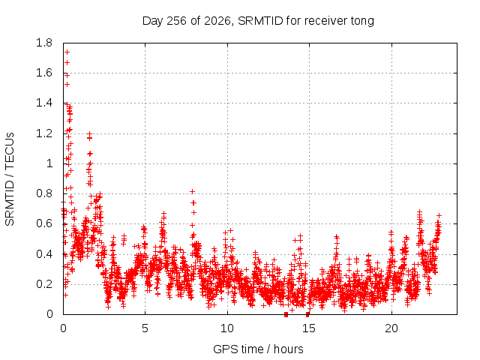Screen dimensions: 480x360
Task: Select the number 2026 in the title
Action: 217,21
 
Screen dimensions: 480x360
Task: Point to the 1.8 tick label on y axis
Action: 44,43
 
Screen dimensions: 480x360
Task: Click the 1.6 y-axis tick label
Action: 44,73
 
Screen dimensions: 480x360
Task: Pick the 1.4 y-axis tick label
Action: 44,103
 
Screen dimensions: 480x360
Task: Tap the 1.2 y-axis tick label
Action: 44,133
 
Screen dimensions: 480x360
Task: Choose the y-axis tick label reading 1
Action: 49,163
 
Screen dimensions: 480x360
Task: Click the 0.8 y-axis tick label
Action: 44,193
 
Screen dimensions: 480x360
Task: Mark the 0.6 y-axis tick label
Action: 44,223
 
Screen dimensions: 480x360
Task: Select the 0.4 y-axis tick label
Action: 44,254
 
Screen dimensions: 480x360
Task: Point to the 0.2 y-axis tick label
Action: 44,284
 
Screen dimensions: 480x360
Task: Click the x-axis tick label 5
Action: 145,328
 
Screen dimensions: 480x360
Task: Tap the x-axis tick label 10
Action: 227,328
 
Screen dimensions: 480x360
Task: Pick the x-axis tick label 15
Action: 309,328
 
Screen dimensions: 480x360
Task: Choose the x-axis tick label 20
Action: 391,328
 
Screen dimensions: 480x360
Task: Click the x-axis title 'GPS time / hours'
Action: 258,349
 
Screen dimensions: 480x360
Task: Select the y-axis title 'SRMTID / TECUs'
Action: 10,179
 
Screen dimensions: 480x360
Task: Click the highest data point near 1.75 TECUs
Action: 67,52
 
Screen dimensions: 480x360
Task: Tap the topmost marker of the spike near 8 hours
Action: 192,192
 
